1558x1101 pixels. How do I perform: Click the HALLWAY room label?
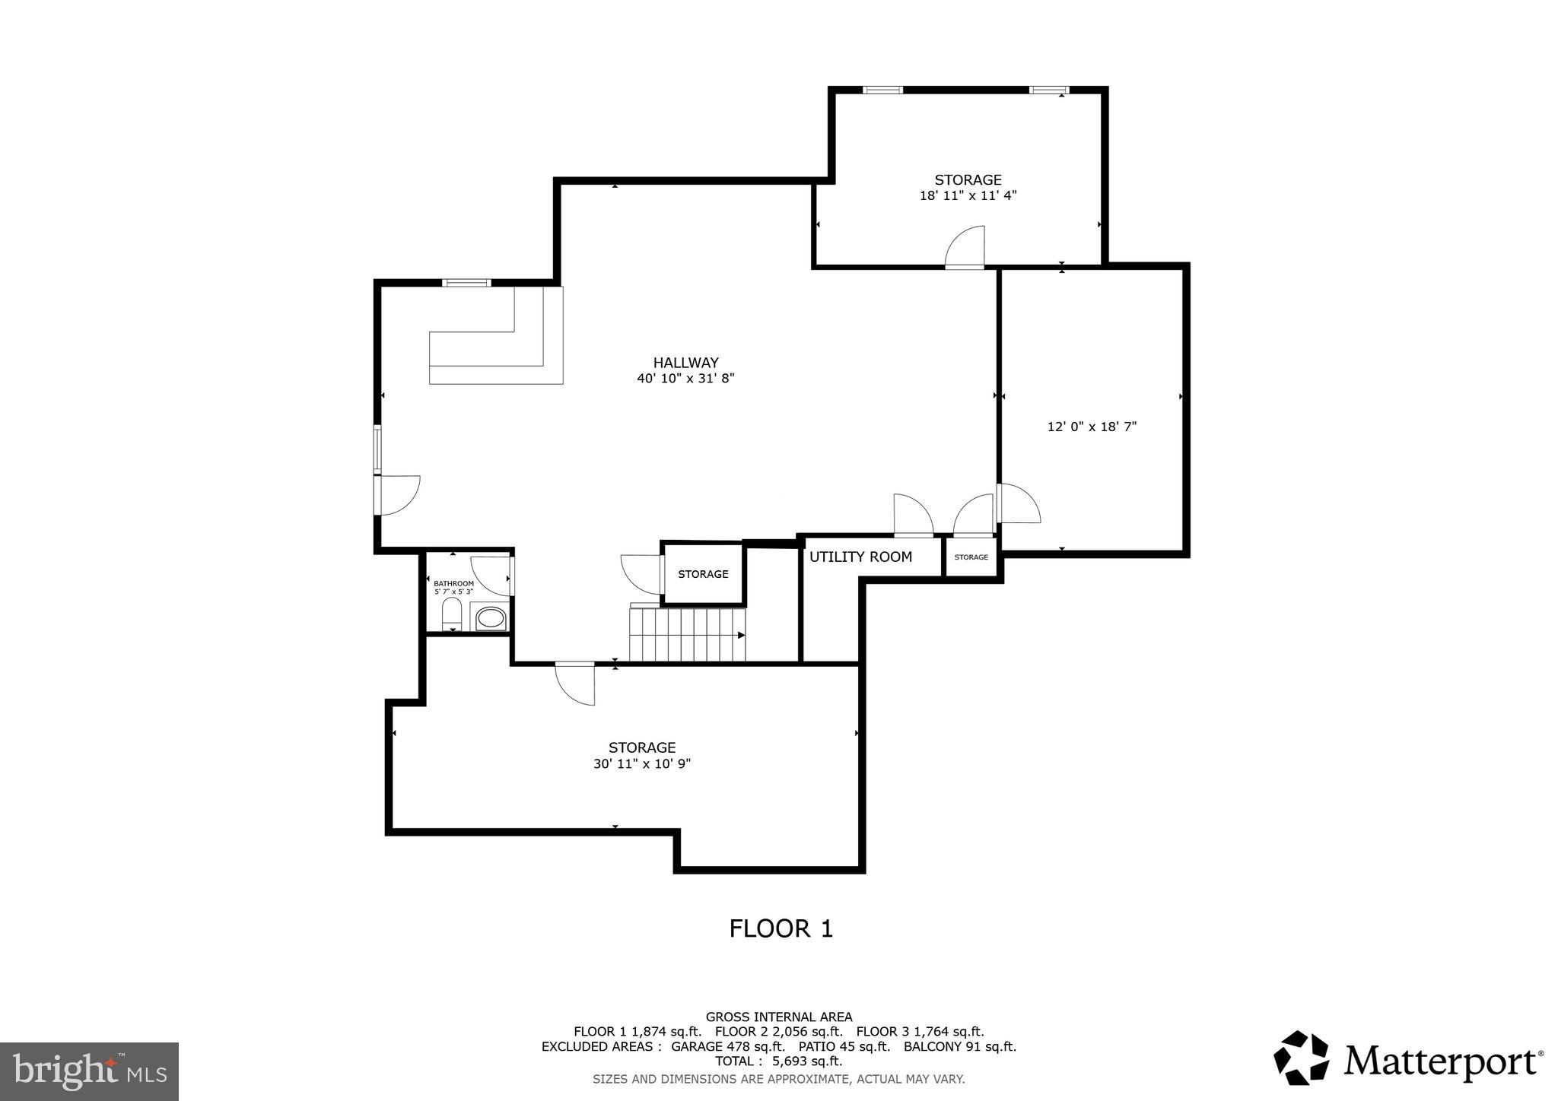pos(685,363)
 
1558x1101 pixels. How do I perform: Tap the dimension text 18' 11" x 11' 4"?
pos(968,195)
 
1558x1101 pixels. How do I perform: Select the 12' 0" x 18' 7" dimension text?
pos(1092,427)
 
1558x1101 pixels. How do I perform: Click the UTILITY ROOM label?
pos(860,557)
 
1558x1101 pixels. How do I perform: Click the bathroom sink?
pos(491,617)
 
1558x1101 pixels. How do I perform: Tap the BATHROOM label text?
pos(453,583)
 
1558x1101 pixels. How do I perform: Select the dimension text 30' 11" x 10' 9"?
pos(642,764)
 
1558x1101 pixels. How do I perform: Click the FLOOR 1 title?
pos(781,928)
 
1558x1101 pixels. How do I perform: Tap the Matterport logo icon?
pos(1301,1058)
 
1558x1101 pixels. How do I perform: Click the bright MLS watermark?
pos(89,1071)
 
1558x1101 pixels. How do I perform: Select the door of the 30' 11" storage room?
pos(575,683)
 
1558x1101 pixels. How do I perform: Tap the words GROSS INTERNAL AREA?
pos(779,1017)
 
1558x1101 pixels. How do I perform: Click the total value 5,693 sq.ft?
pos(807,1061)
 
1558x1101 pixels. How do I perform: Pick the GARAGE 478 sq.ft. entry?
pos(728,1046)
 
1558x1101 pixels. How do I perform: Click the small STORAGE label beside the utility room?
pos(971,557)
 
